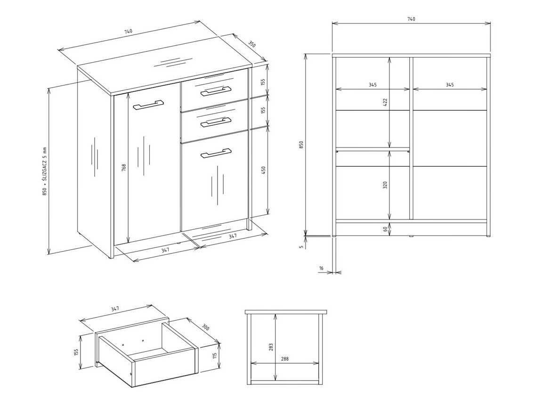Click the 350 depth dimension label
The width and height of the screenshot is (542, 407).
click(x=252, y=44)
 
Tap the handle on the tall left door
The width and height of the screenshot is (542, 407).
click(x=148, y=104)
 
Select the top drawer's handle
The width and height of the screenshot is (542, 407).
click(x=216, y=90)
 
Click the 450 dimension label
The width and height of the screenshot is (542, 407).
click(x=264, y=169)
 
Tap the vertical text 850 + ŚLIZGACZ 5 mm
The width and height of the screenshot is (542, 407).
click(x=44, y=172)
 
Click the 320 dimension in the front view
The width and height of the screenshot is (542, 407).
click(x=385, y=184)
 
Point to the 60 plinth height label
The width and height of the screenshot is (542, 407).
click(x=385, y=229)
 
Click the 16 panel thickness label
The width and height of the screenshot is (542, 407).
click(x=321, y=268)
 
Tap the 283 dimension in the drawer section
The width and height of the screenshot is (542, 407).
click(x=271, y=347)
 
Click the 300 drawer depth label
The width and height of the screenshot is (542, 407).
click(x=205, y=327)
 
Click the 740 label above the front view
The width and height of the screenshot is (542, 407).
click(x=411, y=19)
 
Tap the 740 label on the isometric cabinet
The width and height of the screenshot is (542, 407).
click(x=128, y=32)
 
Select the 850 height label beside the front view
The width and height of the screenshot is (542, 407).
click(x=301, y=144)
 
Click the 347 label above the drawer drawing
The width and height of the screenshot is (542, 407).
click(x=115, y=309)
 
